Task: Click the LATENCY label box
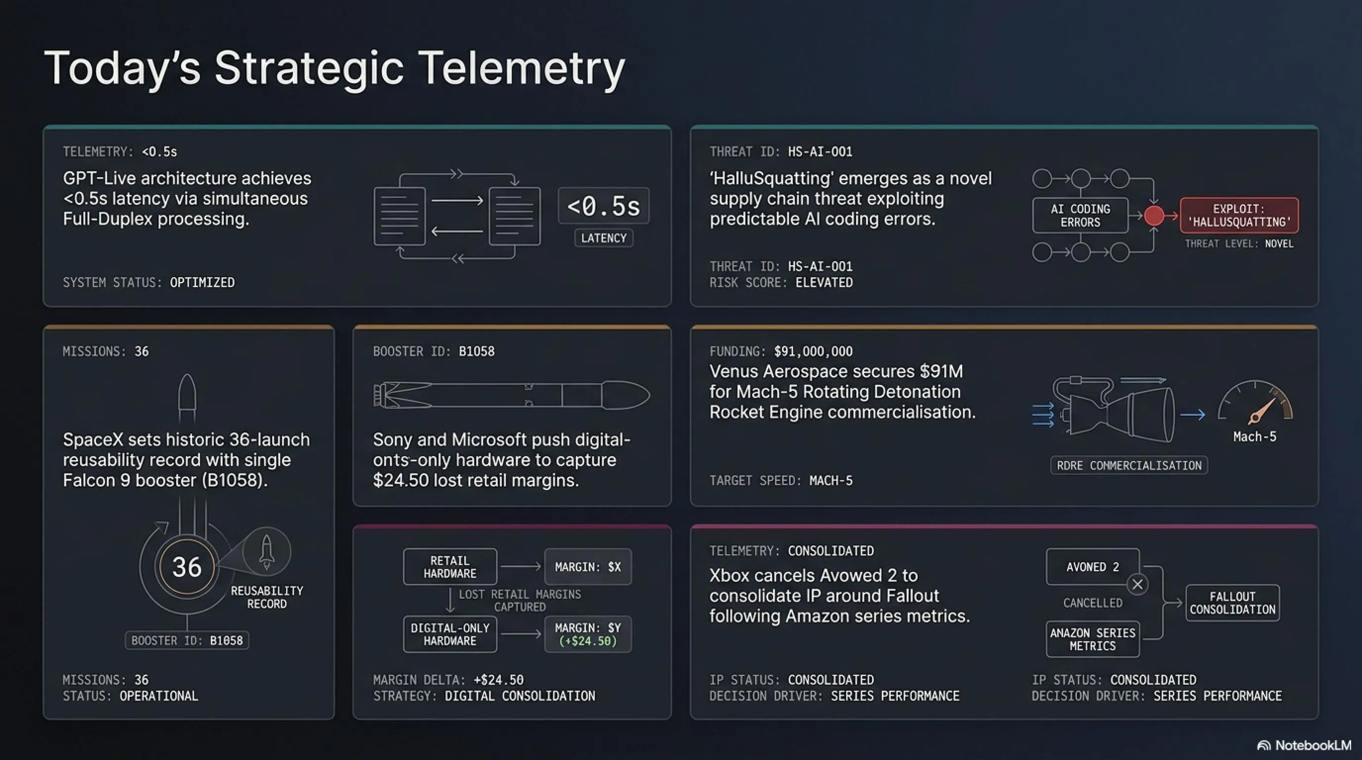tap(603, 238)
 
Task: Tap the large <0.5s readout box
tap(603, 206)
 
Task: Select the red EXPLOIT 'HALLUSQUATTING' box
tap(1239, 215)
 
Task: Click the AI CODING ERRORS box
tap(1080, 215)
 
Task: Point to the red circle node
tap(1154, 215)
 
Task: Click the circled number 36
tap(187, 567)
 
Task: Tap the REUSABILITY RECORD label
tap(267, 597)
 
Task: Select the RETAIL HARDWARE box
tap(450, 567)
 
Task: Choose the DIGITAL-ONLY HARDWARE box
tap(450, 634)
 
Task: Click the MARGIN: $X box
tap(588, 567)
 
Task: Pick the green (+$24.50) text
tap(588, 641)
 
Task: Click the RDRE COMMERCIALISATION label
tap(1129, 466)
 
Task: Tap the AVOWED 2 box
tap(1092, 567)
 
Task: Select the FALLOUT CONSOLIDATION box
tap(1232, 603)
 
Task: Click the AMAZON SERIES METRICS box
tap(1092, 639)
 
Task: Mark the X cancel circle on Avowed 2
tap(1137, 584)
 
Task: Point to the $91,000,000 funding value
tap(813, 351)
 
